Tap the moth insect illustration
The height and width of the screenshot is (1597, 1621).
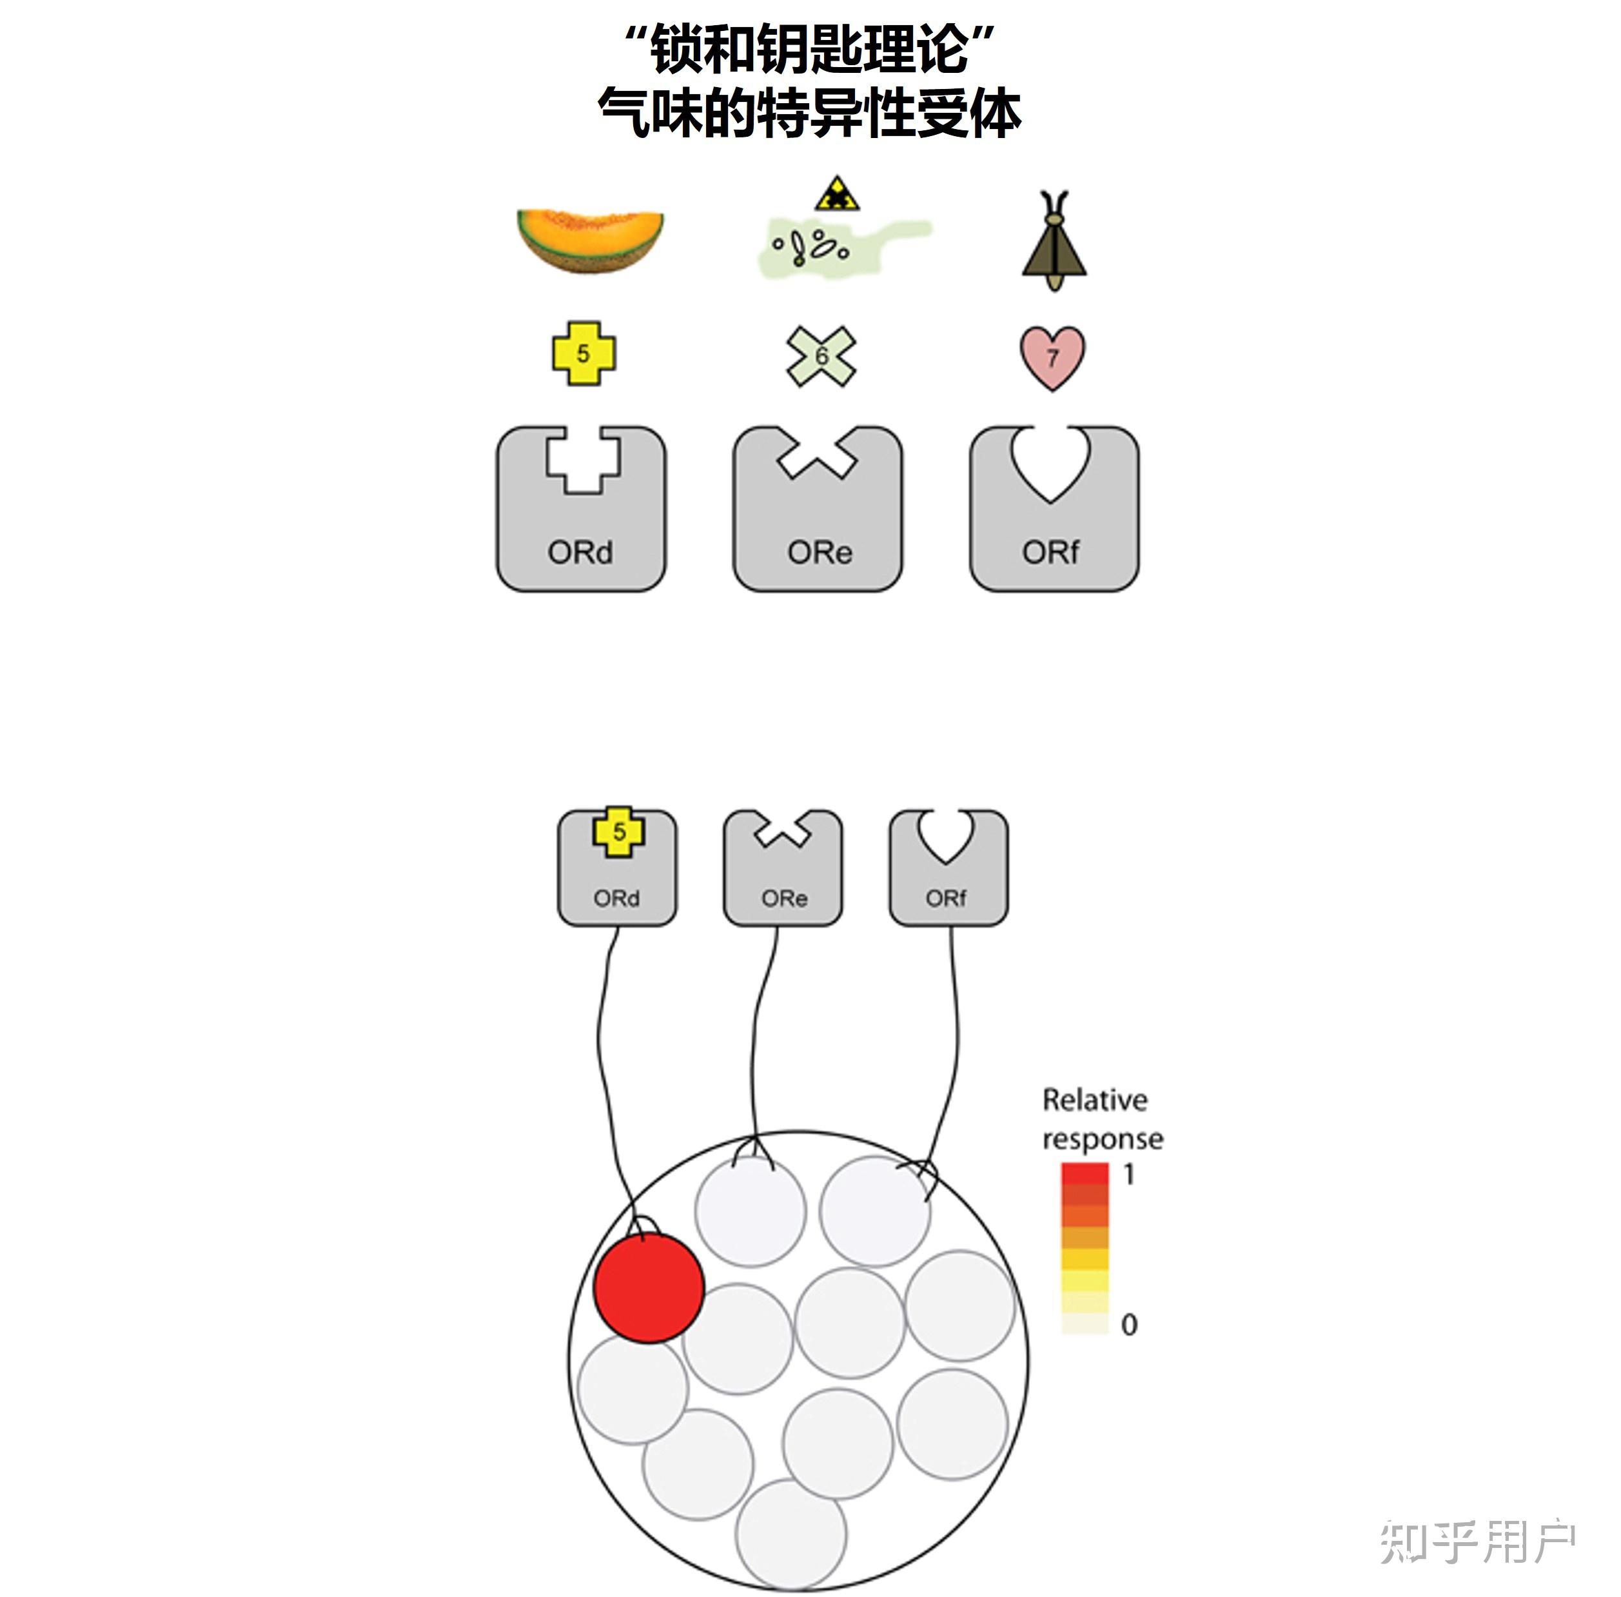pyautogui.click(x=1054, y=243)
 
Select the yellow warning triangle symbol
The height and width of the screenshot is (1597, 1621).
pyautogui.click(x=836, y=195)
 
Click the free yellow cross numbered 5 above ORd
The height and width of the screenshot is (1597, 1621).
pyautogui.click(x=584, y=353)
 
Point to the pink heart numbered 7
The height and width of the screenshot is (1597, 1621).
pyautogui.click(x=1052, y=357)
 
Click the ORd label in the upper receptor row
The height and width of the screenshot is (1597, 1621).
pyautogui.click(x=580, y=552)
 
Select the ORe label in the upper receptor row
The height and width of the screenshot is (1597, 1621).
pyautogui.click(x=820, y=552)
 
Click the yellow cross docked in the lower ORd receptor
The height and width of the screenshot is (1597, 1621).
pyautogui.click(x=619, y=831)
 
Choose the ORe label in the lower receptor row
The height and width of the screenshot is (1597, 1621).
pyautogui.click(x=784, y=898)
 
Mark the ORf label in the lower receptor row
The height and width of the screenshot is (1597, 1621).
pyautogui.click(x=946, y=898)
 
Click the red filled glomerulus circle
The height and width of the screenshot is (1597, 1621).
pyautogui.click(x=648, y=1288)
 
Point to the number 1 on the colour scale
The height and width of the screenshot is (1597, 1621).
pyautogui.click(x=1129, y=1175)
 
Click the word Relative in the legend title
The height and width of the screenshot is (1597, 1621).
pyautogui.click(x=1094, y=1100)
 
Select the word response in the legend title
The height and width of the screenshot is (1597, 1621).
pyautogui.click(x=1102, y=1139)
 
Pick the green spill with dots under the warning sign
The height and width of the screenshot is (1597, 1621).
pyautogui.click(x=839, y=248)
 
